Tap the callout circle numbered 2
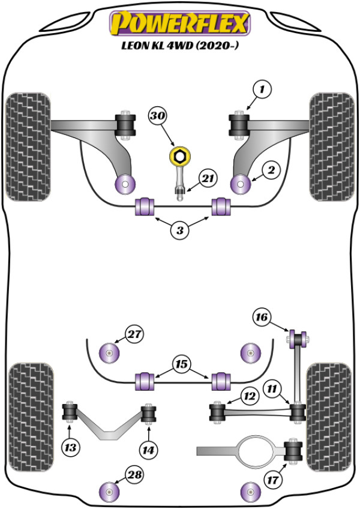pos(271,171)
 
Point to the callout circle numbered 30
pos(158,116)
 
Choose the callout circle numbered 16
pos(262,318)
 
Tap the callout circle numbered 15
pos(180,364)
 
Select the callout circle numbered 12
pos(248,396)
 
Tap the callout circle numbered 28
pos(136,476)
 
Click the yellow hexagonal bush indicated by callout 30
pos(178,157)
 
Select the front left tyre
pos(27,147)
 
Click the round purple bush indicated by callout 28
pos(109,492)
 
